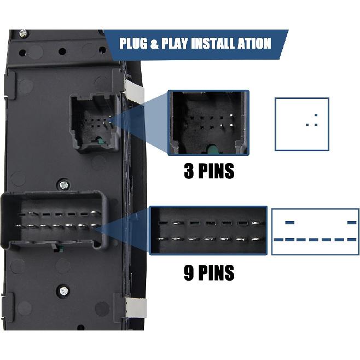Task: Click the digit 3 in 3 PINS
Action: pos(189,171)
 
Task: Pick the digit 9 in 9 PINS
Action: pos(189,272)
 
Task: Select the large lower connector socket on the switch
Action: pos(55,220)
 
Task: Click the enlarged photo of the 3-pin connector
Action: pos(208,122)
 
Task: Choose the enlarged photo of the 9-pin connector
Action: pos(208,230)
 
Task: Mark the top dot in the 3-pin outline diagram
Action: pos(316,115)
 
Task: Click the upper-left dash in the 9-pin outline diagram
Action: pos(289,222)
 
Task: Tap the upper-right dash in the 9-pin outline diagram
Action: pos(352,222)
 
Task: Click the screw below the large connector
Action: pos(64,290)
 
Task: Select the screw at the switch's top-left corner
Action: pos(23,33)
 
